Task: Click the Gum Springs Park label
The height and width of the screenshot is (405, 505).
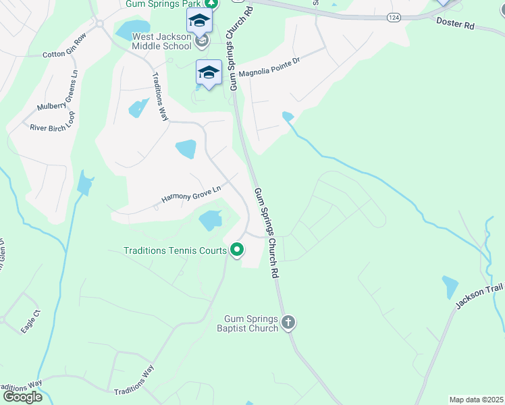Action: point(163,3)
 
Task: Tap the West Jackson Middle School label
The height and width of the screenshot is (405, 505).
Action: point(161,41)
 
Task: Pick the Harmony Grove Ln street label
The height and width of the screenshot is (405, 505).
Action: point(191,195)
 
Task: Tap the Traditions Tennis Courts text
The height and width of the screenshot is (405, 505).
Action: point(175,250)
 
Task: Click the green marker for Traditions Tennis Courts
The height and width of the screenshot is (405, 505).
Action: point(237,250)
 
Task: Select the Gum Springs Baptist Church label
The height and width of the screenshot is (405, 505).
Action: point(252,323)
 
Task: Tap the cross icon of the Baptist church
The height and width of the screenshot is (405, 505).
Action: point(288,322)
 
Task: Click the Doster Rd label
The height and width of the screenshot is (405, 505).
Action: point(456,24)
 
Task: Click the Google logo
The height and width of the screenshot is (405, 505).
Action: point(22,397)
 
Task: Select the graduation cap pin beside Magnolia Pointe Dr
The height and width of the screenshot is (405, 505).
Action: point(209,73)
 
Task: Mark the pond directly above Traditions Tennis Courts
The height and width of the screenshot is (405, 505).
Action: point(211,219)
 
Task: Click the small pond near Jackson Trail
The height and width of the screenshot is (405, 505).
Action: point(450,287)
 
